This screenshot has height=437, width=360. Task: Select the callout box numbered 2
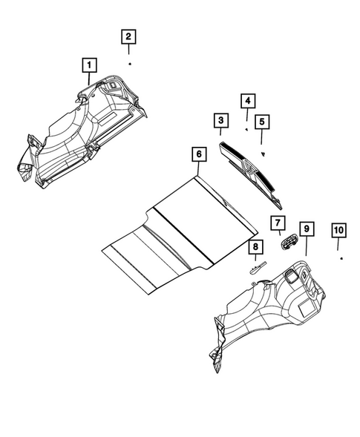tap(128, 36)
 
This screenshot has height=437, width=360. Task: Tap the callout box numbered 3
tap(220, 119)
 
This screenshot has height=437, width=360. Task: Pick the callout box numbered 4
tap(246, 101)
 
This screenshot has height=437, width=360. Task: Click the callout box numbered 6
tap(198, 156)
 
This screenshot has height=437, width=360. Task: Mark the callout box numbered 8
tap(254, 247)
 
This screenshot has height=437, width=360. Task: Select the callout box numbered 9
tap(307, 228)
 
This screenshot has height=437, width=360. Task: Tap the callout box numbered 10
tap(338, 231)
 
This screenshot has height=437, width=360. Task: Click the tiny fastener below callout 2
tap(129, 65)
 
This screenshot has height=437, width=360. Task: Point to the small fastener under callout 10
tap(341, 260)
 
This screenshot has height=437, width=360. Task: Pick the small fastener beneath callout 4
tap(246, 128)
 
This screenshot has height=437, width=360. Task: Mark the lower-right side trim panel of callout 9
tap(275, 312)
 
